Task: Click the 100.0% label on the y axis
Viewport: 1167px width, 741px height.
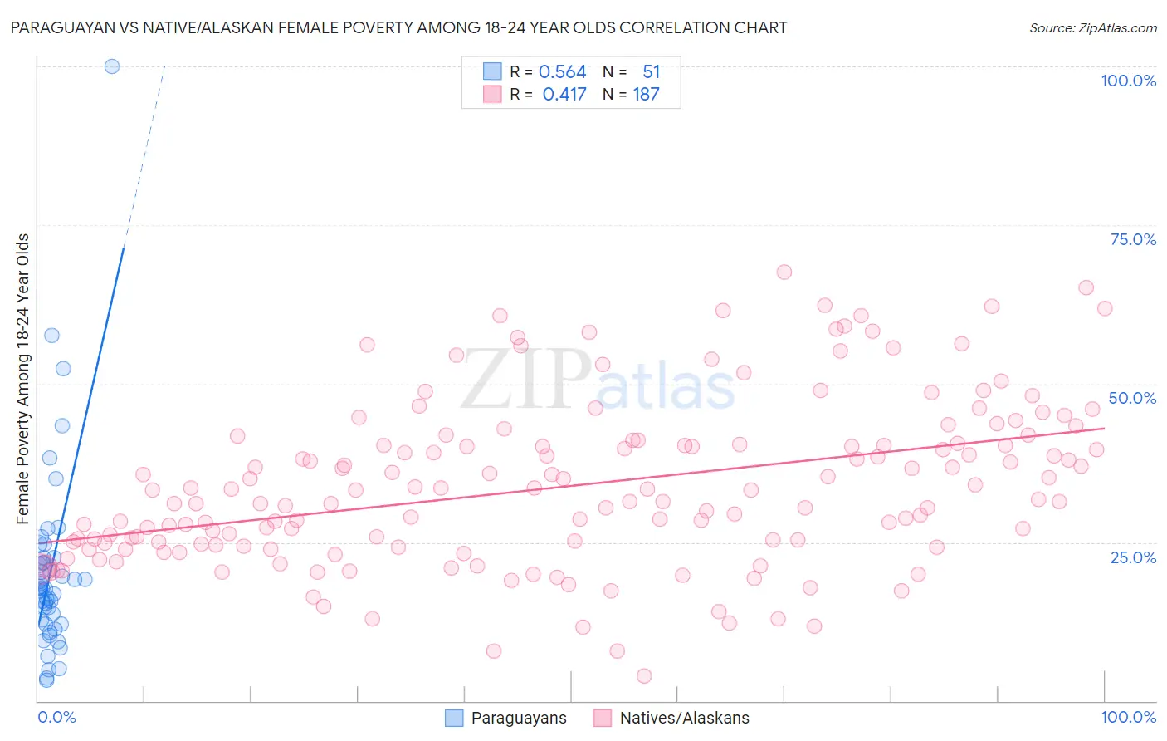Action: point(1128,81)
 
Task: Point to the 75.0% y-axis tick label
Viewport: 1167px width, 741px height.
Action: point(1133,239)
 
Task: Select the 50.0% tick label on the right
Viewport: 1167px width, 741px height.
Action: point(1132,398)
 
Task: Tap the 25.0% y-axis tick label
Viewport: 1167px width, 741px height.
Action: point(1133,557)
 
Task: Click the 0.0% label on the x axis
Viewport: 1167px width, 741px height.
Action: point(56,717)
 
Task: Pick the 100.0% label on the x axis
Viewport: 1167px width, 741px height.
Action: point(1128,717)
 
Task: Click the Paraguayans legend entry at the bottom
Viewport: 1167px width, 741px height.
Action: point(506,718)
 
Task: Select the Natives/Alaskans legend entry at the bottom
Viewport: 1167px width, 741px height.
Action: point(671,718)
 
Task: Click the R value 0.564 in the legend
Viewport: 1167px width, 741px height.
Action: point(562,72)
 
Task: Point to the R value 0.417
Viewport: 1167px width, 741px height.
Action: point(564,95)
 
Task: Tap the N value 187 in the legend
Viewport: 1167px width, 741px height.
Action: point(646,95)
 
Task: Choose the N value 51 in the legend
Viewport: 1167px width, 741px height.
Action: point(651,72)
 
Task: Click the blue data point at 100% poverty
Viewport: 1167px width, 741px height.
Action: point(112,66)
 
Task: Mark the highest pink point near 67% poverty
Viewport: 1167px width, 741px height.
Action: point(784,272)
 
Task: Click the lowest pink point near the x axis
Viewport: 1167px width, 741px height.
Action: point(644,676)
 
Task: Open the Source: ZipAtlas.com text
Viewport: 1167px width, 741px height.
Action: point(1092,27)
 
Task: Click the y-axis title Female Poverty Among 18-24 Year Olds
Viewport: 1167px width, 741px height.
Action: point(23,379)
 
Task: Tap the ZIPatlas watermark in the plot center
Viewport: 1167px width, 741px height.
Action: point(598,380)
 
